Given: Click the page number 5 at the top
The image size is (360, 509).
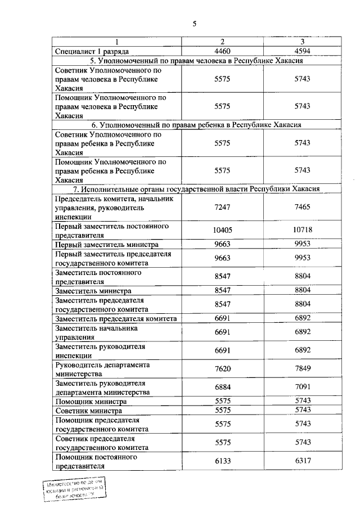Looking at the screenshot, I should pos(194,24).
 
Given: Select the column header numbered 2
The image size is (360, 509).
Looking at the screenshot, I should pos(223,42).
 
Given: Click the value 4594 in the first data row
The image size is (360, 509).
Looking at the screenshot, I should pos(302,51).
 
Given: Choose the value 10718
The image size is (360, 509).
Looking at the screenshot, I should pos(302,231).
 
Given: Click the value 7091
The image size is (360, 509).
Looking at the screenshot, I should pos(302,388).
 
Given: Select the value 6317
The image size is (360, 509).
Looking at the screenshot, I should pos(302,461).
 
